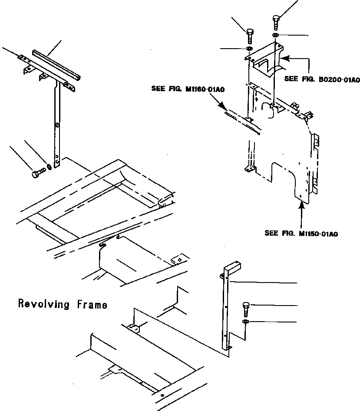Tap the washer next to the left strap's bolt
point(50,166)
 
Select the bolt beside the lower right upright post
point(246,309)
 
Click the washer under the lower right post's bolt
point(246,322)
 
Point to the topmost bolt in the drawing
point(276,21)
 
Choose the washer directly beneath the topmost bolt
point(276,35)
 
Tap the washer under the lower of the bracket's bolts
point(249,48)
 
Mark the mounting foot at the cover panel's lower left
point(249,169)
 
